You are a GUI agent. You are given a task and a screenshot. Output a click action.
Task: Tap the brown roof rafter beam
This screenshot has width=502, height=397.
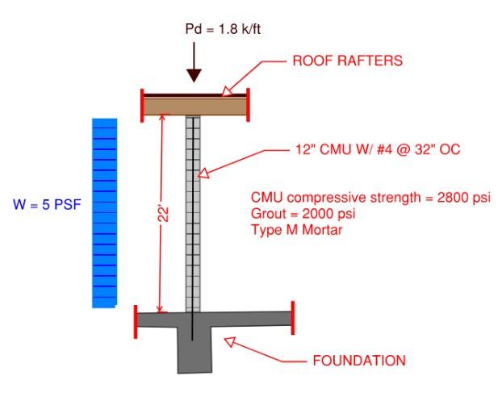tap(194, 106)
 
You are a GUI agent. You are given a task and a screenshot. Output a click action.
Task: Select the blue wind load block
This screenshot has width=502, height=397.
tap(104, 213)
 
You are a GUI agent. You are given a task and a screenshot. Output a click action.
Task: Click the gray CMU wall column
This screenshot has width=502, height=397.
tap(193, 242)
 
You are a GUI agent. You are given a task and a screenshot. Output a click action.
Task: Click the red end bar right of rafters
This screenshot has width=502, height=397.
tap(248, 102)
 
